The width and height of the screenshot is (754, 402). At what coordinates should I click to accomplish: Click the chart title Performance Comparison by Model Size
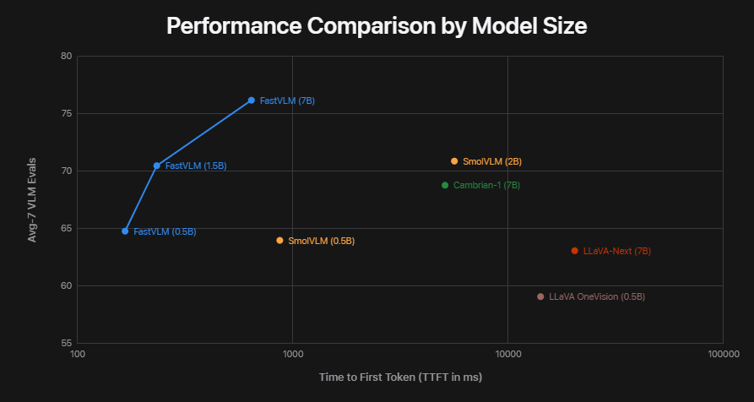point(377,25)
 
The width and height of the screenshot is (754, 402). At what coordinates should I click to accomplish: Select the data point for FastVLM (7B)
point(251,100)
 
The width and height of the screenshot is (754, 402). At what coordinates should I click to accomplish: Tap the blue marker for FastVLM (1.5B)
point(156,166)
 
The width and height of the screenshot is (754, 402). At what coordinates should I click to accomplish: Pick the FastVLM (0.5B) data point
point(125,231)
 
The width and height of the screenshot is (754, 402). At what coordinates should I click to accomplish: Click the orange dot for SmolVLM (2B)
point(454,161)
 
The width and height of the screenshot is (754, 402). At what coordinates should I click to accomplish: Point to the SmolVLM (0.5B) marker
point(279,241)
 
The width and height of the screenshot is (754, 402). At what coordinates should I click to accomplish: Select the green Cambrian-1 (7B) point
point(445,185)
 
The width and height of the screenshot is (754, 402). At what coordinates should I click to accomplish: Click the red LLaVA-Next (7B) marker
point(575,251)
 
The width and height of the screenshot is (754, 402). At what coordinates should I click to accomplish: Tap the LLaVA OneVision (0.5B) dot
point(540,296)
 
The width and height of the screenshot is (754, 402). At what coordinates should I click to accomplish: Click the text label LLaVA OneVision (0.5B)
point(597,297)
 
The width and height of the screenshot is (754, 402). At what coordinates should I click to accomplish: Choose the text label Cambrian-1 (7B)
point(486,186)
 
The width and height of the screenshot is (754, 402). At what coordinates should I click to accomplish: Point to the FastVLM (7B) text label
point(287,101)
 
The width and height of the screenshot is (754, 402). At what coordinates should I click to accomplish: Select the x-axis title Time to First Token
point(400,377)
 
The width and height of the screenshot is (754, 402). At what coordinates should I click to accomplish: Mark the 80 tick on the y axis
point(65,57)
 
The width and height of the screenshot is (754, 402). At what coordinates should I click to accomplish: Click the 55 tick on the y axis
point(65,344)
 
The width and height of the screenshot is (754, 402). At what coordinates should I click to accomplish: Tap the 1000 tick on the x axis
point(292,355)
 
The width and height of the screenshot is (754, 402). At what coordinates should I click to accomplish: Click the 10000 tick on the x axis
point(507,355)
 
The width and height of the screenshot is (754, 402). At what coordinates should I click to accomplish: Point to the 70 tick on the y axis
point(65,171)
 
